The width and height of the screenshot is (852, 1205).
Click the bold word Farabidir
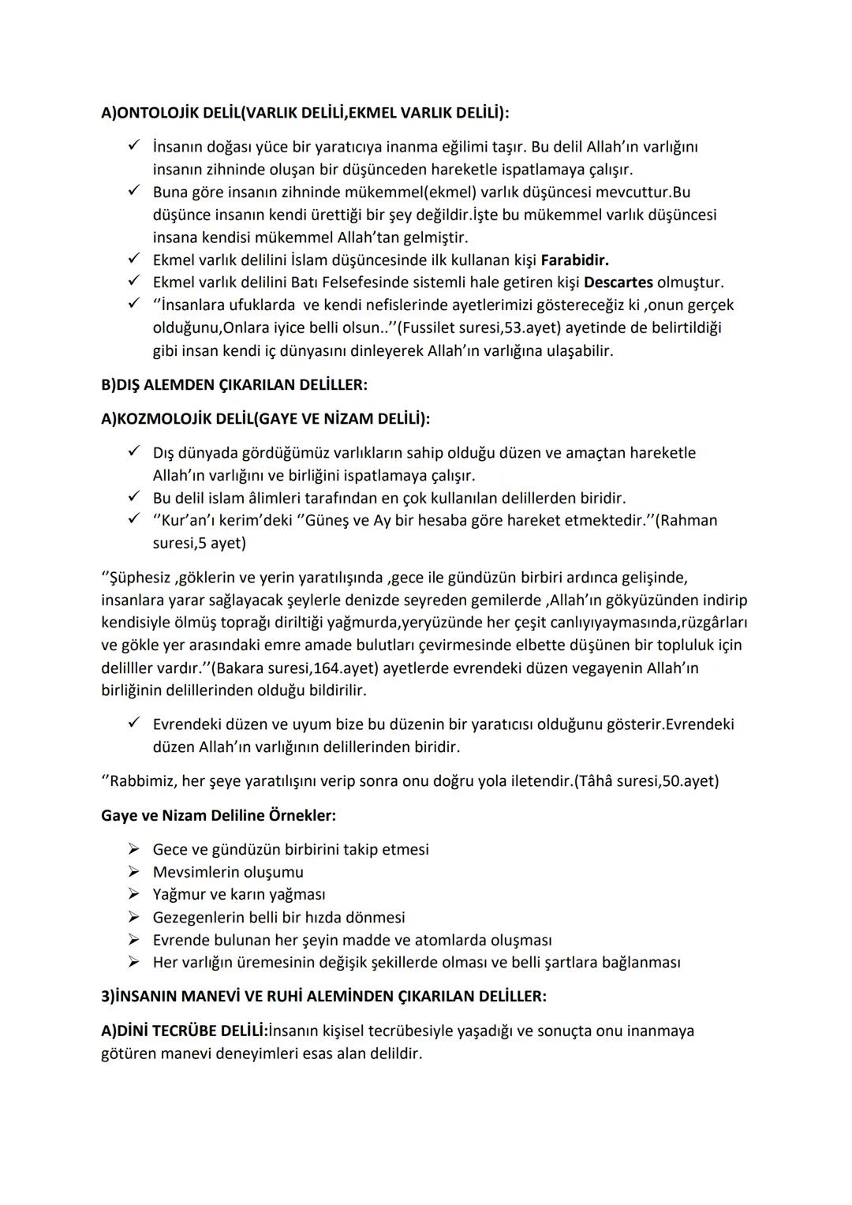[x=574, y=260]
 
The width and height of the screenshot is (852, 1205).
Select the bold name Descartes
[x=618, y=283]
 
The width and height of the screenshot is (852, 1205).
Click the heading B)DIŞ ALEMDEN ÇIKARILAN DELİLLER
[x=234, y=385]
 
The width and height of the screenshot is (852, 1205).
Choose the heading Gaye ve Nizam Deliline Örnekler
[x=218, y=815]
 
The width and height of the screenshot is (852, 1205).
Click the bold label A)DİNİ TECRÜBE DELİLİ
[x=185, y=1031]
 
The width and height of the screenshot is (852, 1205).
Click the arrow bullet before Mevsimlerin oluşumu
[x=135, y=872]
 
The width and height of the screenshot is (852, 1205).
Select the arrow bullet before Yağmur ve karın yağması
[x=135, y=894]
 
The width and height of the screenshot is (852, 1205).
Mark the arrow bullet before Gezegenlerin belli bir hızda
[x=135, y=917]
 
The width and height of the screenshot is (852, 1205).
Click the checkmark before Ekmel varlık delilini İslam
[x=135, y=259]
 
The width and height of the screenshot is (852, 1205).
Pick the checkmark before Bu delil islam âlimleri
[x=135, y=497]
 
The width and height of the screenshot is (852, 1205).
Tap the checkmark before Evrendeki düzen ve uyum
[x=135, y=723]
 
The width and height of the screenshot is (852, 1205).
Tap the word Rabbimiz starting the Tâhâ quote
[x=142, y=781]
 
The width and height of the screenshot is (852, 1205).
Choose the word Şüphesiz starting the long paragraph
[x=134, y=578]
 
